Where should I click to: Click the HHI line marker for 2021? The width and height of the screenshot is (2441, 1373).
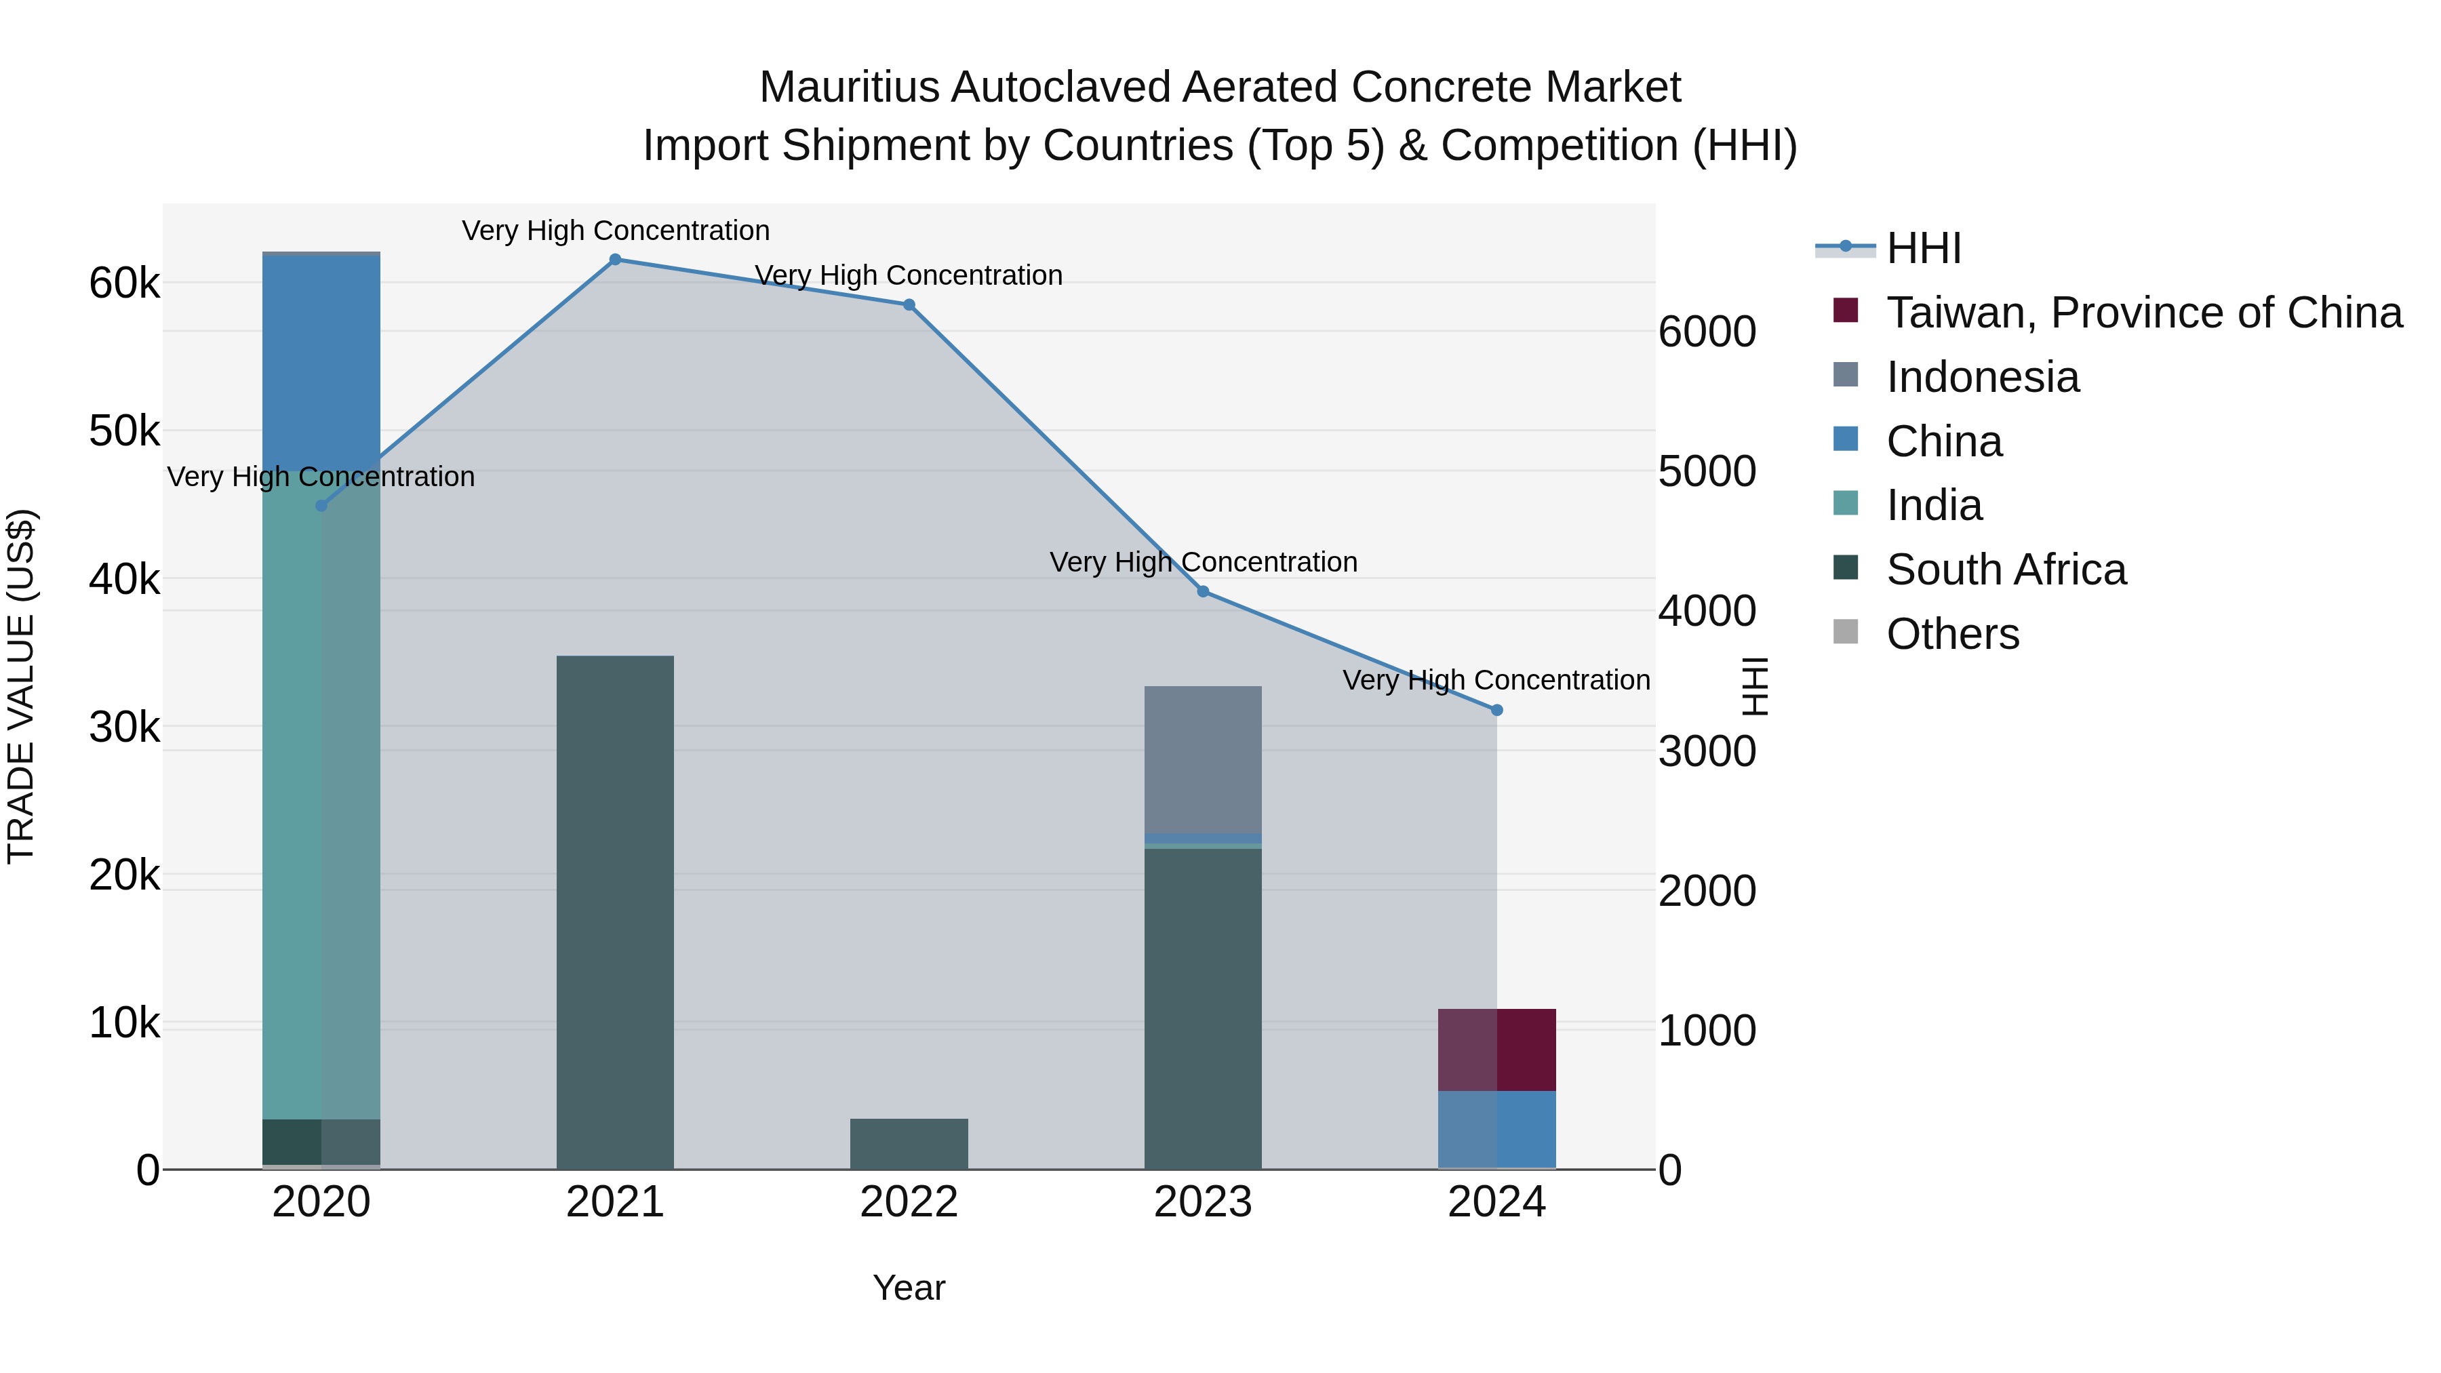click(x=615, y=260)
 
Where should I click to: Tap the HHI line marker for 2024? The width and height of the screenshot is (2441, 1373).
click(x=1497, y=710)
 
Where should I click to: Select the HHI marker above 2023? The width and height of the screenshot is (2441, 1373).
click(x=1204, y=591)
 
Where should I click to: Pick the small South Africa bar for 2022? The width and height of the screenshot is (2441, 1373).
click(x=909, y=1144)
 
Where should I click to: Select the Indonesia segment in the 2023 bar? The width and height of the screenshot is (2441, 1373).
click(x=1204, y=759)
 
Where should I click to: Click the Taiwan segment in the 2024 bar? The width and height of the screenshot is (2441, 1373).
click(x=1497, y=1050)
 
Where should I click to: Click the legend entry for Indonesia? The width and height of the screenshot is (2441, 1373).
click(x=1983, y=377)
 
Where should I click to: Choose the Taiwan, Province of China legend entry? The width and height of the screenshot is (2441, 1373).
click(x=2143, y=313)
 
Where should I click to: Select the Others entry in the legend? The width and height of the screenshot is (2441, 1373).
click(x=1952, y=634)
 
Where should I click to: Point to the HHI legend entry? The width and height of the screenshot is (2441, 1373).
click(x=1924, y=248)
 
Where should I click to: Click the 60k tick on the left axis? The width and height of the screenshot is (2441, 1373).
click(x=124, y=282)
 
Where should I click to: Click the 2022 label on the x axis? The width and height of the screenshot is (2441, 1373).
click(x=909, y=1202)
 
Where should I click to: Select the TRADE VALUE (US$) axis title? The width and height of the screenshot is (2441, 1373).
click(x=21, y=686)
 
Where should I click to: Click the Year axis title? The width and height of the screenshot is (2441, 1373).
click(x=909, y=1288)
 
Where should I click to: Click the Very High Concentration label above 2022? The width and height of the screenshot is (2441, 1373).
click(x=909, y=276)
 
